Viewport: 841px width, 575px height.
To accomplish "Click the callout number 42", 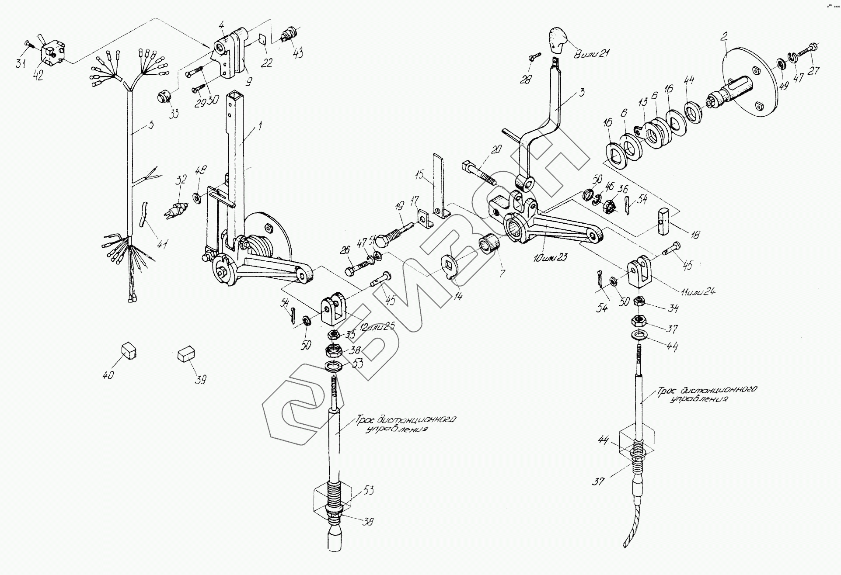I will tap(38, 75).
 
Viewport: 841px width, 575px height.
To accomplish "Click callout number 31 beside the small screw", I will tap(20, 64).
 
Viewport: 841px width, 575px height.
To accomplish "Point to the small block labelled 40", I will tap(128, 350).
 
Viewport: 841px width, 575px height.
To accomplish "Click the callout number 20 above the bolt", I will tap(495, 149).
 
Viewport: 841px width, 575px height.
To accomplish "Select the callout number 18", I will tap(694, 235).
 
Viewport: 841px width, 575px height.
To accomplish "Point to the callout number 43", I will tap(298, 53).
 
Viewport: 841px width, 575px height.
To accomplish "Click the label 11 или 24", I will tap(698, 291).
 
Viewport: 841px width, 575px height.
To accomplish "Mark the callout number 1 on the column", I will tap(260, 127).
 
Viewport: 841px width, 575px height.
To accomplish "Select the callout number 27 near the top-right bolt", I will tap(813, 70).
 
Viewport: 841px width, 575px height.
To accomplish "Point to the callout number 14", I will tap(457, 296).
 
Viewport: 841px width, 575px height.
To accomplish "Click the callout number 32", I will tap(181, 180).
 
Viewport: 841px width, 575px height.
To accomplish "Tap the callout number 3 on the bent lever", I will tap(581, 93).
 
